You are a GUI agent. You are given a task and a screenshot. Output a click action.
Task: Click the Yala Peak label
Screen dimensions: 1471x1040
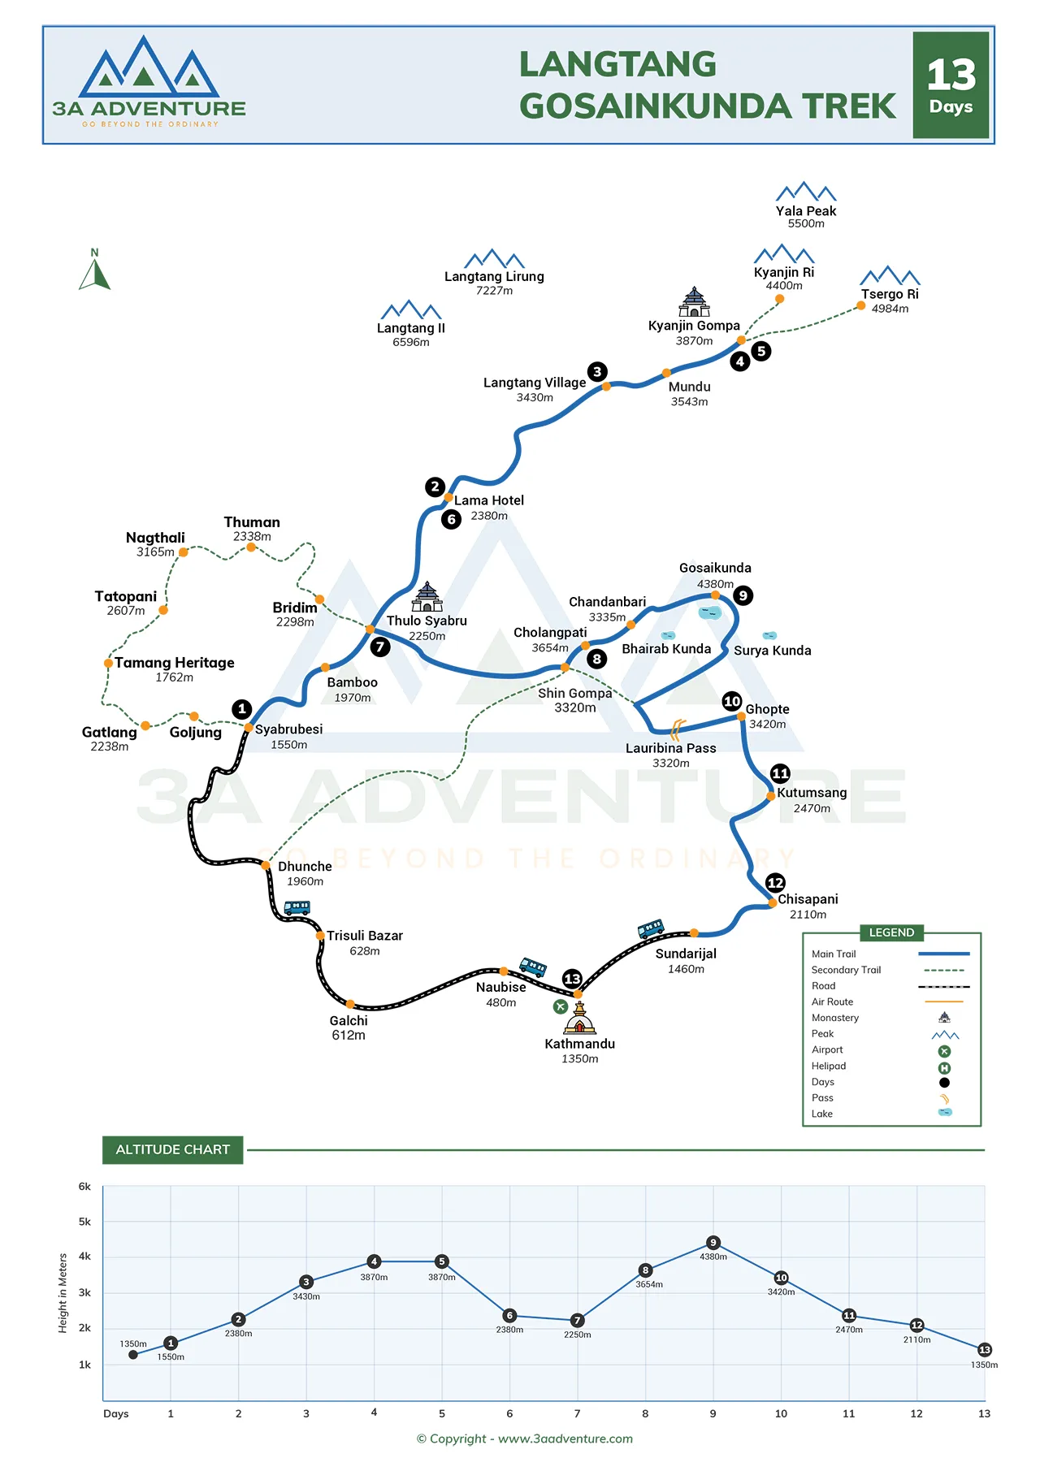point(805,211)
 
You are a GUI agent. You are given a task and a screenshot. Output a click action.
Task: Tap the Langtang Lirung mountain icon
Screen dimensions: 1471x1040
point(494,259)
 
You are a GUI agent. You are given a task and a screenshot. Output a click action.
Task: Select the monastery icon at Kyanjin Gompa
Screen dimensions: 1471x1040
point(694,302)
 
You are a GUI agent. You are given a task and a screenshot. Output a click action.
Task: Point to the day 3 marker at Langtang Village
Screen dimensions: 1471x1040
point(597,372)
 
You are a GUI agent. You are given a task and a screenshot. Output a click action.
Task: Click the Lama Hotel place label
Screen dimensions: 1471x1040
point(488,500)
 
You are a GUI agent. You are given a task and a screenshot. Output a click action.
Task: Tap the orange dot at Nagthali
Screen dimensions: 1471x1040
point(184,552)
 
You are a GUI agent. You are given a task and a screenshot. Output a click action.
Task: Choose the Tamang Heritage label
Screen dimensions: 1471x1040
point(174,663)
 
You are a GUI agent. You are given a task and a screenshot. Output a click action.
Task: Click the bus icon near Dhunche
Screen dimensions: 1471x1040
point(297,907)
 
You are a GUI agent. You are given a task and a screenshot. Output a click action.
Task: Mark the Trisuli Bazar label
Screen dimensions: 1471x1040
point(364,936)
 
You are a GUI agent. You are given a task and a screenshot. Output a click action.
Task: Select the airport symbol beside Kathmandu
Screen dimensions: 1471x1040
point(560,1006)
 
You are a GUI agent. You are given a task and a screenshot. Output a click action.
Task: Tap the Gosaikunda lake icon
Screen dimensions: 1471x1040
point(710,612)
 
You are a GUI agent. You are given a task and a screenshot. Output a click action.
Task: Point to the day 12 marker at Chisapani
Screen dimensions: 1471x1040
point(775,883)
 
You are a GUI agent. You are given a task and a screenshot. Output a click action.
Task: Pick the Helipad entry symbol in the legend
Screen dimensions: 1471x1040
point(944,1068)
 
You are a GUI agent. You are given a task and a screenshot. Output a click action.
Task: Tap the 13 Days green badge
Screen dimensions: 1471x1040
point(951,85)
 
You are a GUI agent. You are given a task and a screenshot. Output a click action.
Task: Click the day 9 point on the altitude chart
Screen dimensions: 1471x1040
point(713,1243)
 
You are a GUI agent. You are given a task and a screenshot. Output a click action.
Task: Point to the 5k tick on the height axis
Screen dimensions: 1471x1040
point(84,1222)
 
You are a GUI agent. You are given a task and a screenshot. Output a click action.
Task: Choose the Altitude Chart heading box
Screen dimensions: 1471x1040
point(172,1149)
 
